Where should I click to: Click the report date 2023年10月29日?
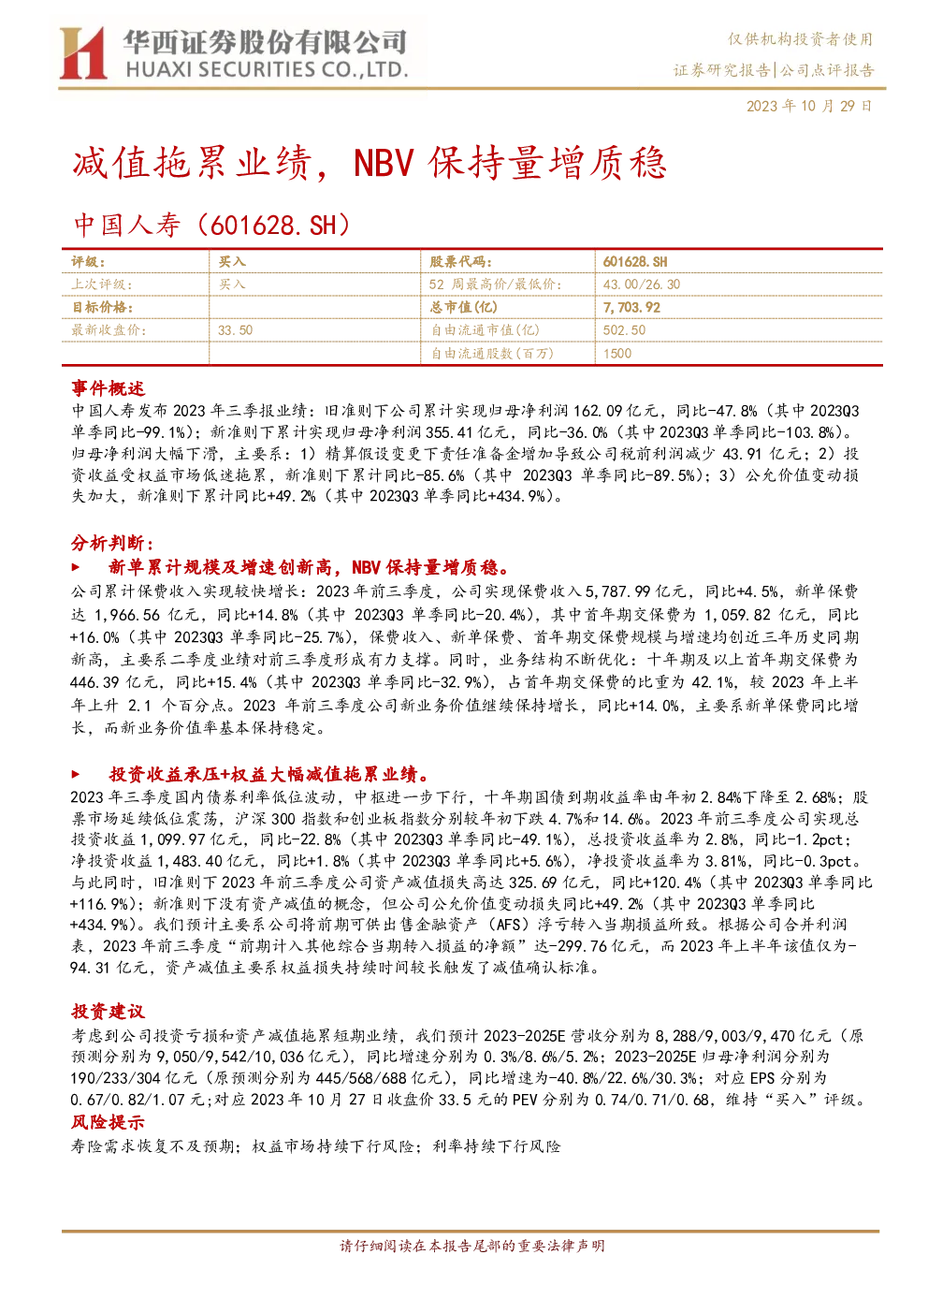click(809, 106)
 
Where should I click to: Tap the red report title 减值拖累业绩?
click(192, 164)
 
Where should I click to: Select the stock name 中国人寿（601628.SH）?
click(212, 226)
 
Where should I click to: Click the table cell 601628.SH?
click(635, 262)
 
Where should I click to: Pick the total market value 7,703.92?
click(631, 308)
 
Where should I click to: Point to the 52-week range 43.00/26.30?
click(642, 284)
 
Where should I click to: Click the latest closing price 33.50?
click(235, 330)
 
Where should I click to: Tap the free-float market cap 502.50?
click(624, 330)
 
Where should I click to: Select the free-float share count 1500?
click(617, 354)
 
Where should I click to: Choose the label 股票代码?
click(460, 262)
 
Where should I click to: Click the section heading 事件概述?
click(109, 388)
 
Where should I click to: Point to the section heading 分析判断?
click(112, 544)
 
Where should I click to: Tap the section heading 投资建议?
click(109, 1011)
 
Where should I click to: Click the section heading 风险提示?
click(109, 1122)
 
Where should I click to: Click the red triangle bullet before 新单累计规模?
click(75, 567)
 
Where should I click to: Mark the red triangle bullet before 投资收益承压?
click(75, 774)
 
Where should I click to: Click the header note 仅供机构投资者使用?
click(800, 39)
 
